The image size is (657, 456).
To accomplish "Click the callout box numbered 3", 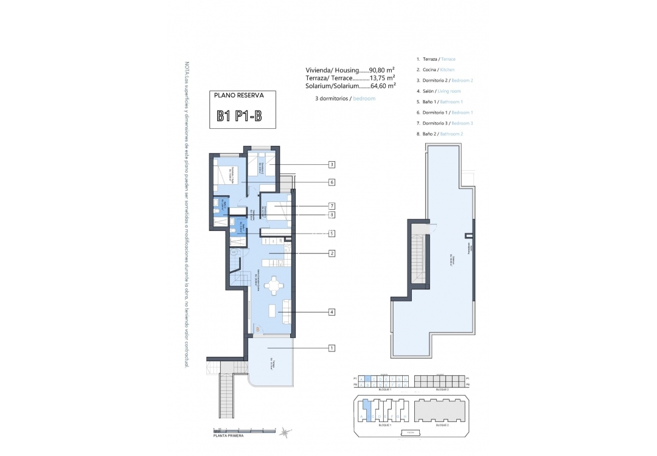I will (332, 164).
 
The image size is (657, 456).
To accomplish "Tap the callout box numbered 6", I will (332, 182).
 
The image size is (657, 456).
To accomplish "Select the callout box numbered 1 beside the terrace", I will (332, 348).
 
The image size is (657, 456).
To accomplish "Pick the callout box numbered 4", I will (332, 312).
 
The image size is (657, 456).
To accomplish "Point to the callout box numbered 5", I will (332, 233).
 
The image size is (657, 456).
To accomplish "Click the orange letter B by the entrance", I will (257, 330).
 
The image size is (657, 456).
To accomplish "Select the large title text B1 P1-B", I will (239, 116).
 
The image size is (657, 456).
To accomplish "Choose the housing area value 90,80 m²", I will (382, 70).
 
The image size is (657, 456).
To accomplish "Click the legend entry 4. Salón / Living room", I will (439, 91).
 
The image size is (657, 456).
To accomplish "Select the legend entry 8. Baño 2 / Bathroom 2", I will (440, 134).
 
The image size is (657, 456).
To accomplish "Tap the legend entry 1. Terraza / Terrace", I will (436, 59).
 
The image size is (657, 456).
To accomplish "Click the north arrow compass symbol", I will (284, 432).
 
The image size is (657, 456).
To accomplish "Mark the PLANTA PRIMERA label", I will (229, 436).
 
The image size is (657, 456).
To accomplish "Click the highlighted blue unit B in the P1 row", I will (367, 379).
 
